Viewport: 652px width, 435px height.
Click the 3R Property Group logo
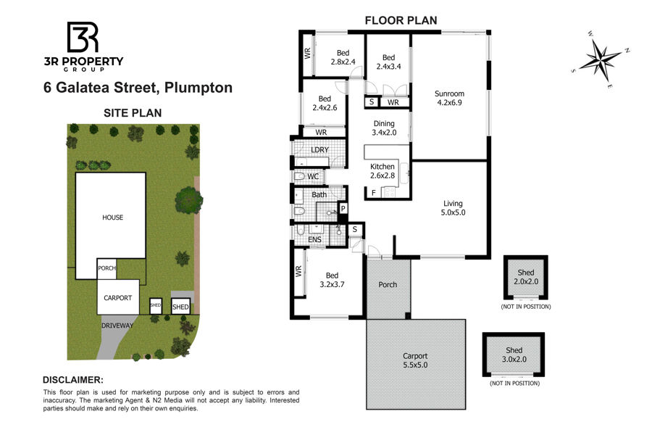[x=83, y=46]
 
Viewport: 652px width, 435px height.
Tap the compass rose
[x=601, y=61]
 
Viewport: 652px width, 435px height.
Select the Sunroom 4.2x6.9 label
[x=449, y=99]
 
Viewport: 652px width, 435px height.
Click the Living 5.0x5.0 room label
[x=453, y=208]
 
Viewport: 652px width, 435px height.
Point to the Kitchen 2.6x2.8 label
[x=382, y=171]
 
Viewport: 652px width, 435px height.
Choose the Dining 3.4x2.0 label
[x=384, y=128]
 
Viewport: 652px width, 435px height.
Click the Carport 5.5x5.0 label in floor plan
[x=415, y=360]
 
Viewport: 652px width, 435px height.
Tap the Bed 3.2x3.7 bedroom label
[x=332, y=280]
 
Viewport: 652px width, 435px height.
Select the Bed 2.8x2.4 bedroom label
[x=343, y=57]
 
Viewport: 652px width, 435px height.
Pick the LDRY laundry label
[x=319, y=150]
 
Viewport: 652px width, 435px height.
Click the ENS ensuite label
[x=315, y=240]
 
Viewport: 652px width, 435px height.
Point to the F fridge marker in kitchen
[x=373, y=193]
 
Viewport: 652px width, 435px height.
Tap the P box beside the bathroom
[x=343, y=208]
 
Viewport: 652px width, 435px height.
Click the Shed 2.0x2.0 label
[x=526, y=277]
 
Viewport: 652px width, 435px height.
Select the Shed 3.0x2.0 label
[x=514, y=355]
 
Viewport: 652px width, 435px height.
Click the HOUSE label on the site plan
[x=113, y=217]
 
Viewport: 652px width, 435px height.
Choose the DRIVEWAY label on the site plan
[x=117, y=326]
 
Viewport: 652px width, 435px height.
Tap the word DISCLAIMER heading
[x=73, y=380]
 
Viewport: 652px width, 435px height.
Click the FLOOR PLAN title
[x=401, y=20]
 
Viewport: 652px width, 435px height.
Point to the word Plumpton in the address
[x=198, y=88]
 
